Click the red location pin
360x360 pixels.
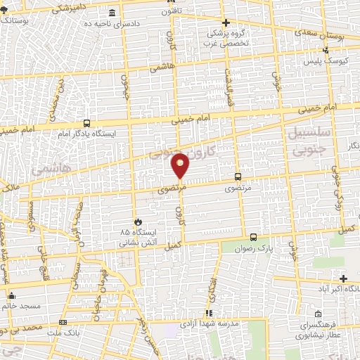pyautogui.click(x=181, y=165)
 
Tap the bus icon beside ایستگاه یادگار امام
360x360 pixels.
pyautogui.click(x=86, y=122)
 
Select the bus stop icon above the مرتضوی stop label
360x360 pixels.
pyautogui.click(x=238, y=176)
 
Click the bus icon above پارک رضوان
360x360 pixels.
pyautogui.click(x=254, y=237)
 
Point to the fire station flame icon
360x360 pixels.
pyautogui.click(x=139, y=221)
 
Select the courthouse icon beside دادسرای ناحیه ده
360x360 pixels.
pyautogui.click(x=113, y=13)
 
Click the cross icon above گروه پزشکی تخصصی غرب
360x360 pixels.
pyautogui.click(x=226, y=22)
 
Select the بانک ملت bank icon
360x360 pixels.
pyautogui.click(x=64, y=323)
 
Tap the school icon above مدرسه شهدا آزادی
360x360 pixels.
pyautogui.click(x=208, y=313)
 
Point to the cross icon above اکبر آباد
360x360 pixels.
pyautogui.click(x=342, y=278)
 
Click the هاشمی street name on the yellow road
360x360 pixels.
pyautogui.click(x=160, y=67)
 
